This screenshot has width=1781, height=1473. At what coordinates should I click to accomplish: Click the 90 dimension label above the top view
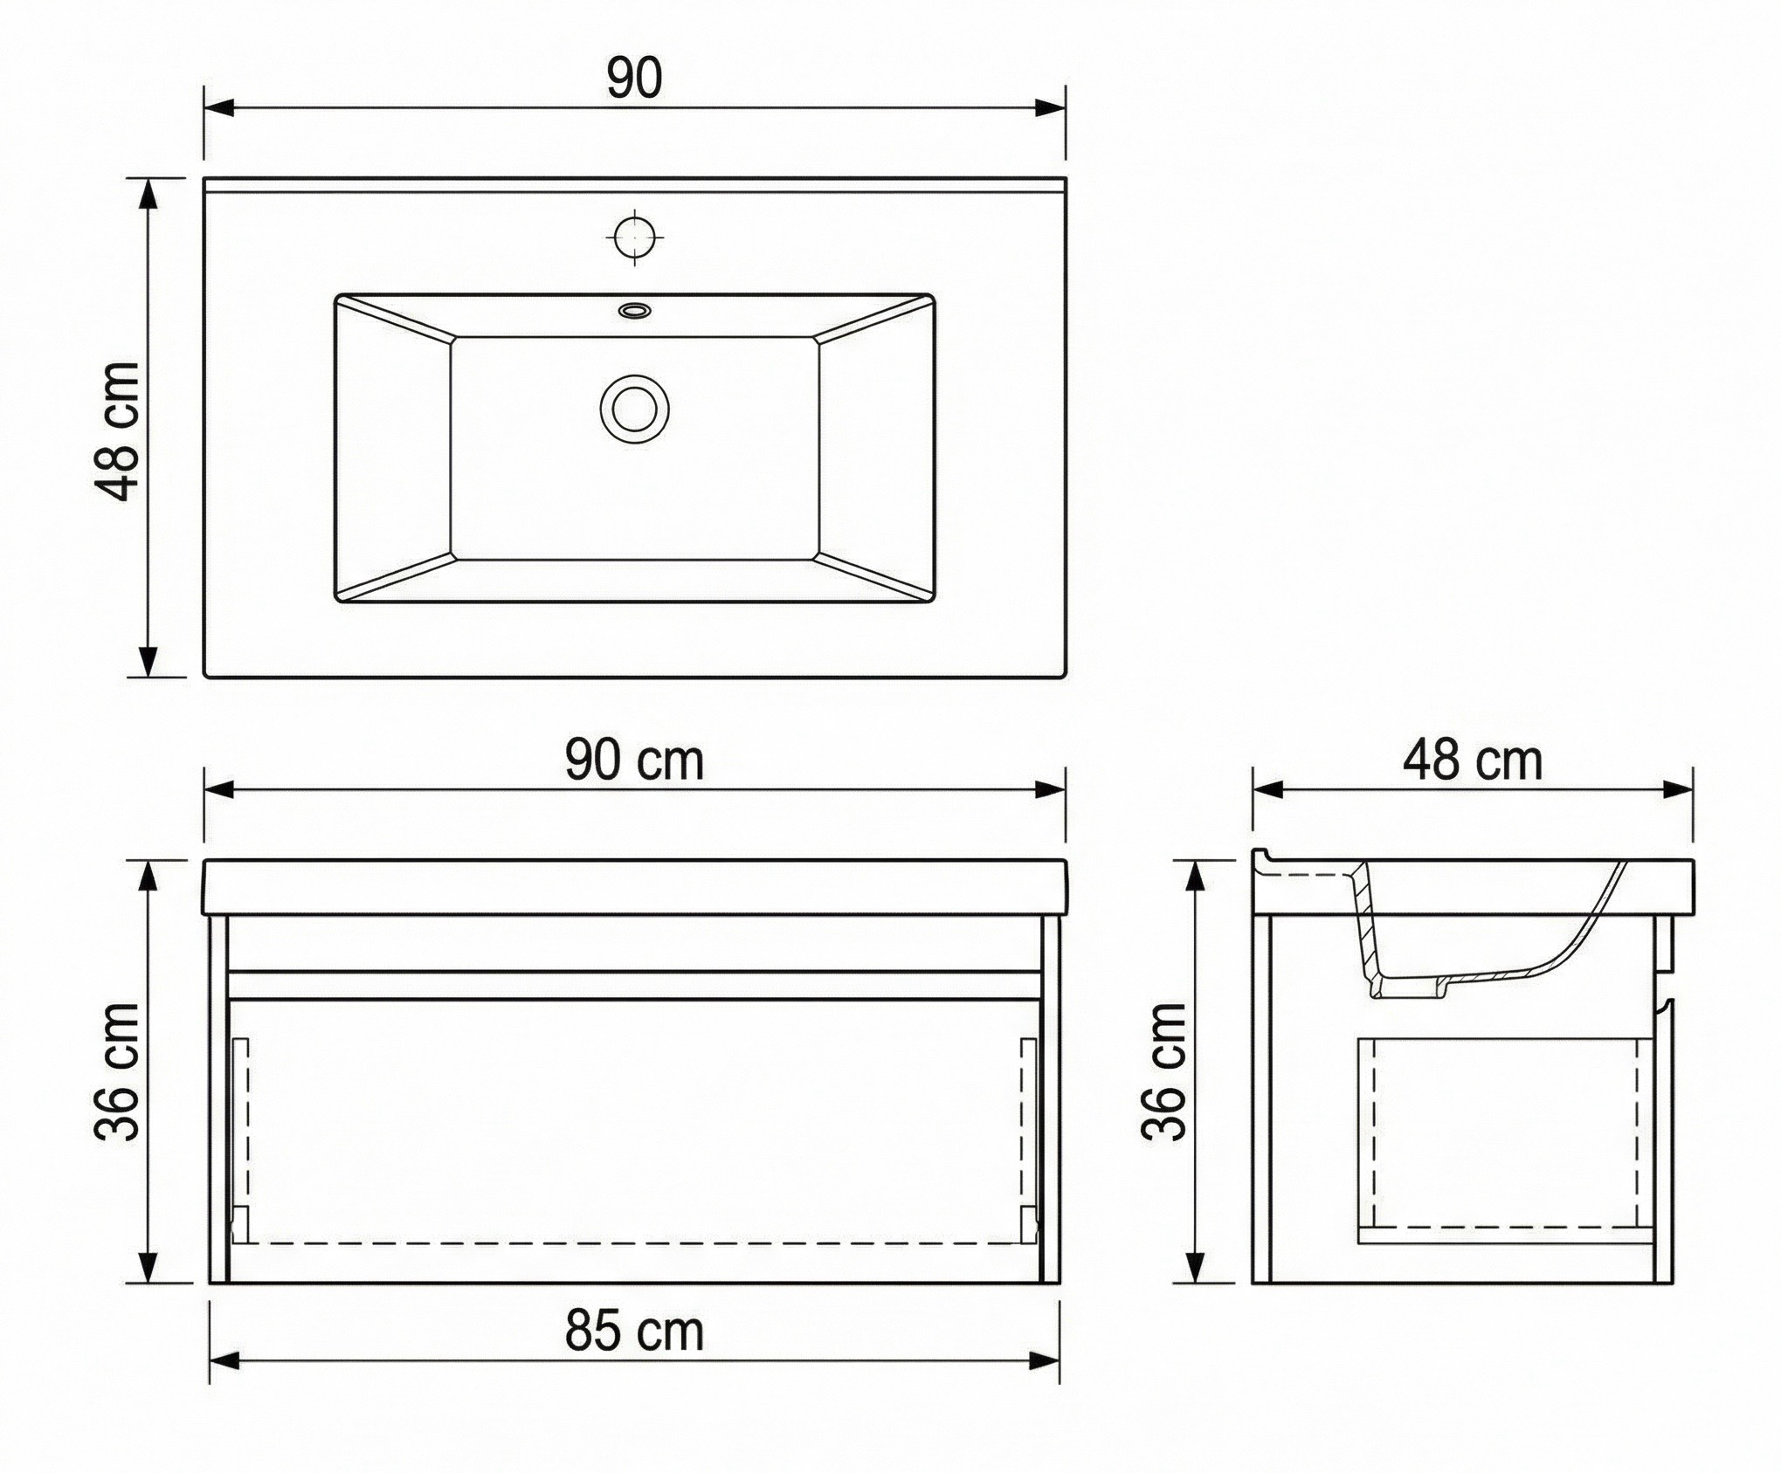point(635,79)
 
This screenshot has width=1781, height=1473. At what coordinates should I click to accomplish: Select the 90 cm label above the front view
point(634,761)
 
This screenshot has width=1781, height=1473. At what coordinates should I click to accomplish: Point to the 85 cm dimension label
point(634,1332)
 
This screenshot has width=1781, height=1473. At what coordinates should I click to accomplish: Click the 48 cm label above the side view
point(1473,761)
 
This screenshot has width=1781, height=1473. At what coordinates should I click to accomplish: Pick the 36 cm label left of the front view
point(116,1071)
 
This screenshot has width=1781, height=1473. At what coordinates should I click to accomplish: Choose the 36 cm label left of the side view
point(1164,1071)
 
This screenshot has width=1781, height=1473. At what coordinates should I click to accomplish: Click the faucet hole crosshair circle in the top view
point(634,236)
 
